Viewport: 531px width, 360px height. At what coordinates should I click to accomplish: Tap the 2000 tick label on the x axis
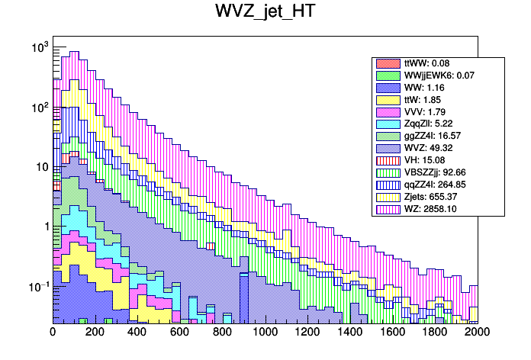478,332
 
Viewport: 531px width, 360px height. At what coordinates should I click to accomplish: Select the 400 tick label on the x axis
137,332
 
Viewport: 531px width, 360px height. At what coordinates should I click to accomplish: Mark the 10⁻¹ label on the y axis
38,287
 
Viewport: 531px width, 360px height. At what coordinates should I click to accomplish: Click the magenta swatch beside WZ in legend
387,208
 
